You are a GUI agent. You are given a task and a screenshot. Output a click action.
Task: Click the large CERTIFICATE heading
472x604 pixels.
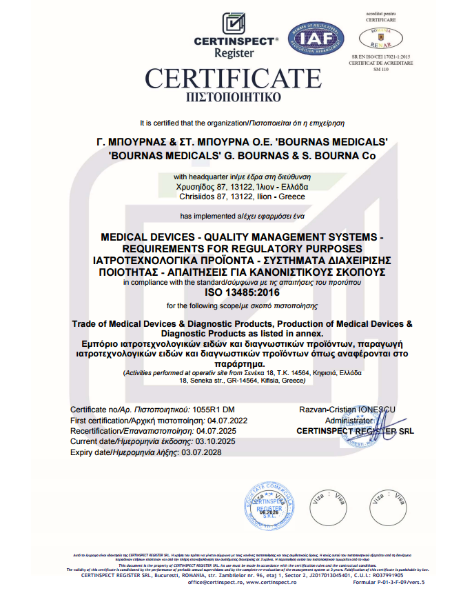(233, 77)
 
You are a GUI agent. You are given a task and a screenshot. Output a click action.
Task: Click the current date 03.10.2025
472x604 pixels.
(216, 441)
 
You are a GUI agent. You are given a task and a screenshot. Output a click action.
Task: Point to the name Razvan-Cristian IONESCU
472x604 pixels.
(347, 410)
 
